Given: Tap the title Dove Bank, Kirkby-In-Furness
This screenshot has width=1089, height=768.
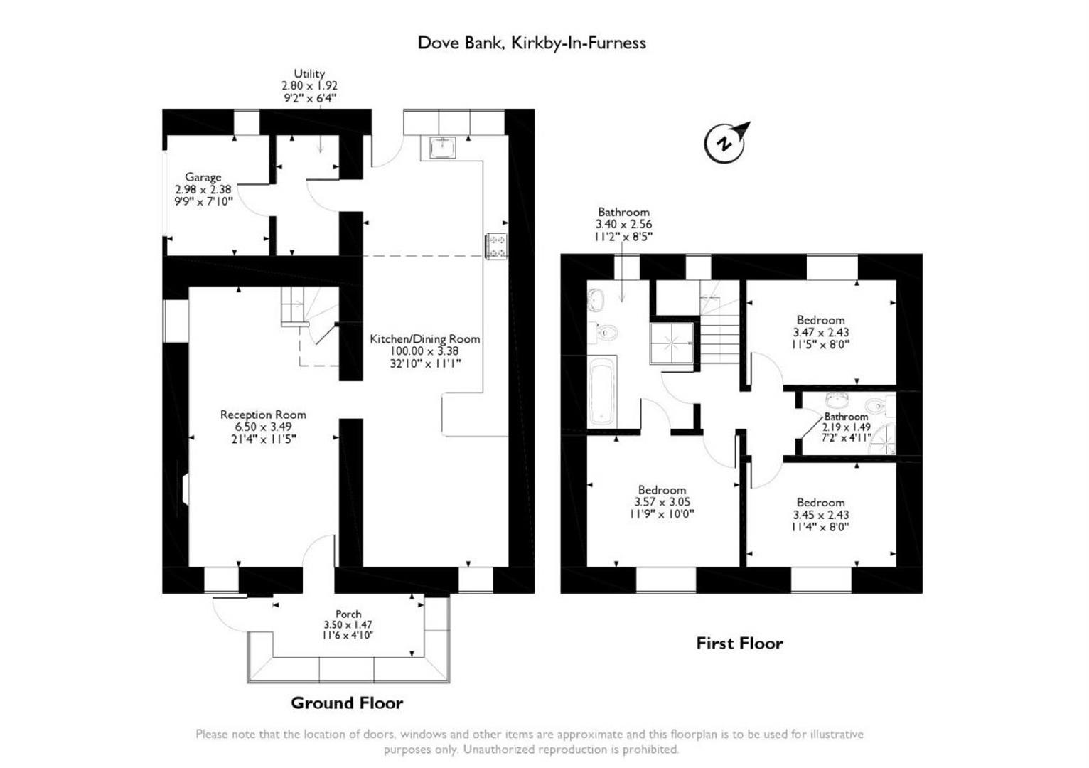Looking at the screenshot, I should pyautogui.click(x=532, y=43).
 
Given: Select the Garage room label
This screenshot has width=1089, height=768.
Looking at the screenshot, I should pyautogui.click(x=203, y=177).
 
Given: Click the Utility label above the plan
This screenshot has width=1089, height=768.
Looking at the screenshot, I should pyautogui.click(x=309, y=73).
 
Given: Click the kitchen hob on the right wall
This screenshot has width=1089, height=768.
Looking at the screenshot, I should pyautogui.click(x=496, y=246).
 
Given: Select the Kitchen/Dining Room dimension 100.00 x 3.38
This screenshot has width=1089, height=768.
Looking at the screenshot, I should pyautogui.click(x=424, y=351).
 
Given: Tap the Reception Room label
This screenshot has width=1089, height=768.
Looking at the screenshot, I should pyautogui.click(x=263, y=415).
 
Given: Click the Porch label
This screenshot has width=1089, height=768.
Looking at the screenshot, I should pyautogui.click(x=348, y=614).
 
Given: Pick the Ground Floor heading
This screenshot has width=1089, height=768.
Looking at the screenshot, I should pyautogui.click(x=347, y=703).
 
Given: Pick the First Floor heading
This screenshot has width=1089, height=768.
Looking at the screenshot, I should pyautogui.click(x=739, y=644).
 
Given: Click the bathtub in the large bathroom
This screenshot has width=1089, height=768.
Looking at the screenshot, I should pyautogui.click(x=602, y=392).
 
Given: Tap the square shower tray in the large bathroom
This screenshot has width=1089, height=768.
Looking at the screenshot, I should pyautogui.click(x=671, y=344).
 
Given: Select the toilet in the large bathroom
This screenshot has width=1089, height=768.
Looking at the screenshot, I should pyautogui.click(x=606, y=332).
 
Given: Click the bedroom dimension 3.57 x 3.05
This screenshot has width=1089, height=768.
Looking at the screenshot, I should pyautogui.click(x=662, y=502).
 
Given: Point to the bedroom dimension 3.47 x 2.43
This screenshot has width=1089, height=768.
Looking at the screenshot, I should pyautogui.click(x=821, y=332).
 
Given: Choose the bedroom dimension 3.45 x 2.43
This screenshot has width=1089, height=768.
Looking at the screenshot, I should pyautogui.click(x=821, y=515).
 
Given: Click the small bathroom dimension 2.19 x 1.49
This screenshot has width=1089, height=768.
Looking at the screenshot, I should pyautogui.click(x=847, y=427).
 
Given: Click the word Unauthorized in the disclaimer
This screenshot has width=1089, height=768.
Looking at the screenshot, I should pyautogui.click(x=502, y=750).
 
